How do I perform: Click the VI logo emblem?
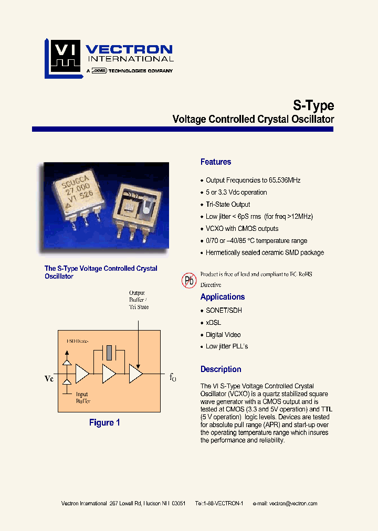[62, 57]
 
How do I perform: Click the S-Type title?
[312, 105]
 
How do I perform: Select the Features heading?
[215, 162]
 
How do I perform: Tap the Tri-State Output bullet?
[227, 205]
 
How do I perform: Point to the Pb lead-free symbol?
[189, 280]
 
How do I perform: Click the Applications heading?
[223, 297]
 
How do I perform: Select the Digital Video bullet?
[223, 335]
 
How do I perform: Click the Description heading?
[220, 369]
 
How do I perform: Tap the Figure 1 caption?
[104, 422]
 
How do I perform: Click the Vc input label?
[49, 378]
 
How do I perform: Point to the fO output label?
[173, 377]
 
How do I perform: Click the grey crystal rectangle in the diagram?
[109, 353]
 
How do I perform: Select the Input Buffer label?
[82, 398]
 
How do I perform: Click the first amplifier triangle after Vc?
[82, 374]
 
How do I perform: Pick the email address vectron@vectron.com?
[293, 503]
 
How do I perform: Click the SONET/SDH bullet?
[224, 311]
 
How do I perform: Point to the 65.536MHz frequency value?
[285, 180]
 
